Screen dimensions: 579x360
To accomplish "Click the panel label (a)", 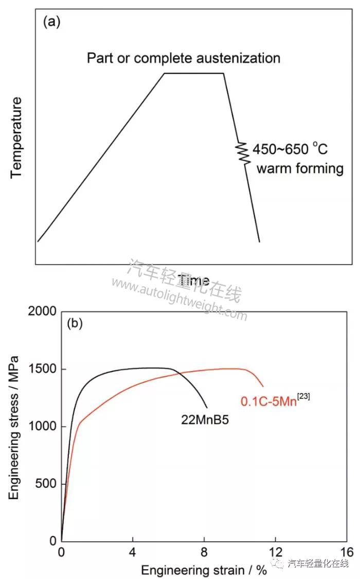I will pos(52,22).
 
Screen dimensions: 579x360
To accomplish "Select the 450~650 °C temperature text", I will pos(290,150).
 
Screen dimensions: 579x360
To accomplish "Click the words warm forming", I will pos(300,169).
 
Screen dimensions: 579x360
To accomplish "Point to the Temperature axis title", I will pos(17,137).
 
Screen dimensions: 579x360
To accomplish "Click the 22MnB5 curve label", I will pos(205,420).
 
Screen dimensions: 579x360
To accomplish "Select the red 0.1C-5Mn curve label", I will pos(275,401).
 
